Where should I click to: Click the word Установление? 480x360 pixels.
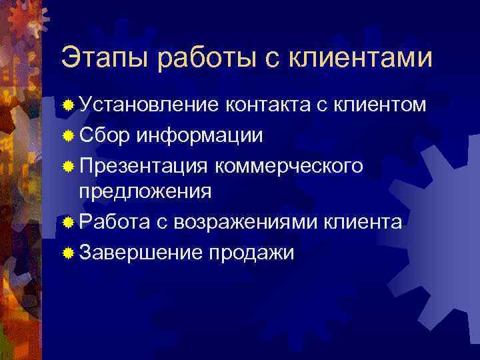(149, 105)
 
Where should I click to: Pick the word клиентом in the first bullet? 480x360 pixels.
(380, 105)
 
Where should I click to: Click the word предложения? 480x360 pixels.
(146, 193)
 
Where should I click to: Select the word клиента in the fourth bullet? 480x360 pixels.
(363, 222)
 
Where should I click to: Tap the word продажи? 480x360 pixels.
(251, 252)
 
